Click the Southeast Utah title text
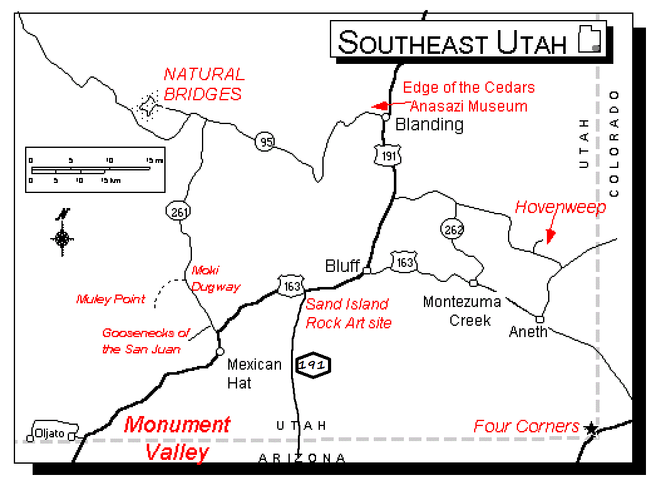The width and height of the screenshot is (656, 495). tap(452, 42)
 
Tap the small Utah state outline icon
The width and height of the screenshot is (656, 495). tap(589, 41)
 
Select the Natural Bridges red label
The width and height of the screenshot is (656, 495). tap(203, 84)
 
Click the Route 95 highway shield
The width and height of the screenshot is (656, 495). tap(266, 142)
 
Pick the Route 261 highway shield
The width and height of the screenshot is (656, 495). tap(179, 212)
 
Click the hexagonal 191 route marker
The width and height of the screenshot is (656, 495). tap(313, 364)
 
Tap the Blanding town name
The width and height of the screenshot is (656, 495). tap(430, 124)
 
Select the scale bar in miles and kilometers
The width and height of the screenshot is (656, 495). tap(95, 170)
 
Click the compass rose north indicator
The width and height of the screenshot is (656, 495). tap(63, 236)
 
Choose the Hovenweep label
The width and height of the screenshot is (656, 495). tap(560, 207)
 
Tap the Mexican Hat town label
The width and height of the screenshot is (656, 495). tap(254, 373)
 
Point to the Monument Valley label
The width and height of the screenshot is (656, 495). tap(177, 438)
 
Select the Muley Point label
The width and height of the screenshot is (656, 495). tap(110, 299)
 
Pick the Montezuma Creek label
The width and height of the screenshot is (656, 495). tap(462, 311)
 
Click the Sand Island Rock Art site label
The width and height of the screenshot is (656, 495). tap(348, 313)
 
